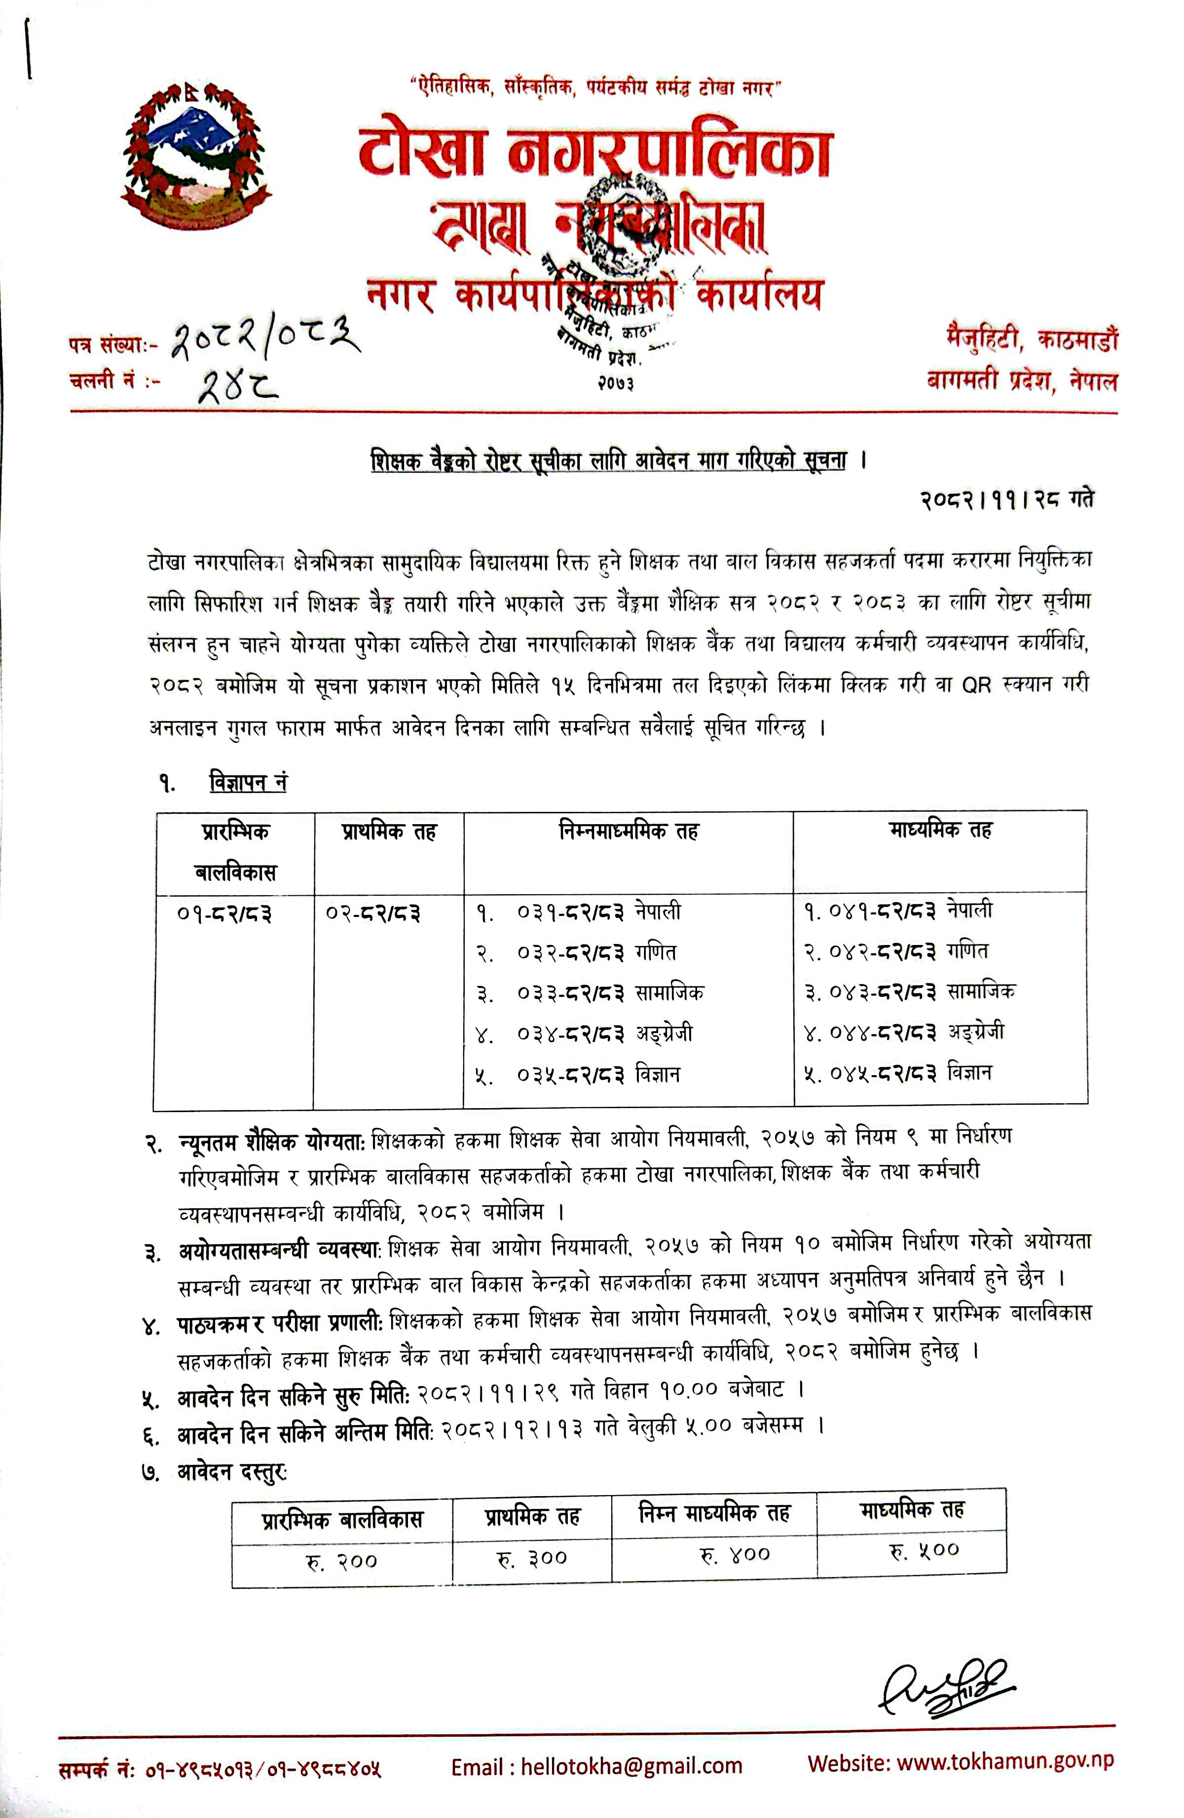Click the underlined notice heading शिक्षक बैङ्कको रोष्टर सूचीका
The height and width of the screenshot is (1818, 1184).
tap(608, 462)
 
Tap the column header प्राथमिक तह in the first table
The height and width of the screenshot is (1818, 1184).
tap(388, 832)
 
